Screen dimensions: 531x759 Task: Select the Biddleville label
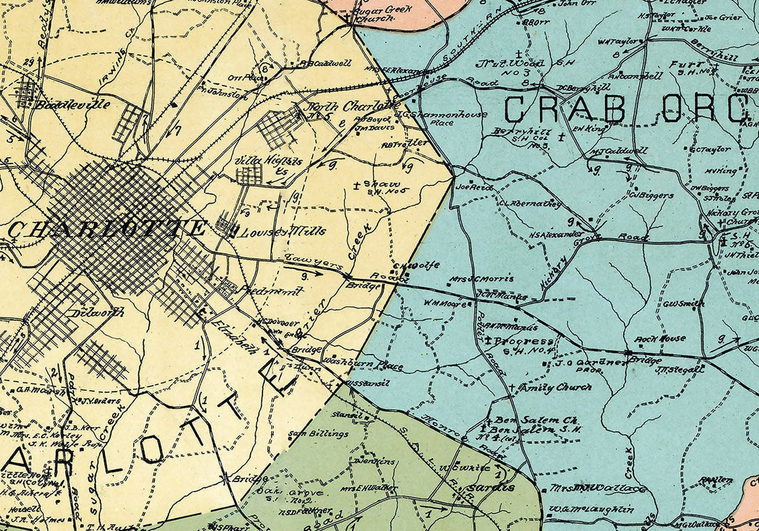tap(73, 104)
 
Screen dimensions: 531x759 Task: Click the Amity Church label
tap(556, 388)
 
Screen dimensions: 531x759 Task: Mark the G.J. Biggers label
tap(651, 195)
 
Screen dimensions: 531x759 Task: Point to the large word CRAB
tap(564, 110)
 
